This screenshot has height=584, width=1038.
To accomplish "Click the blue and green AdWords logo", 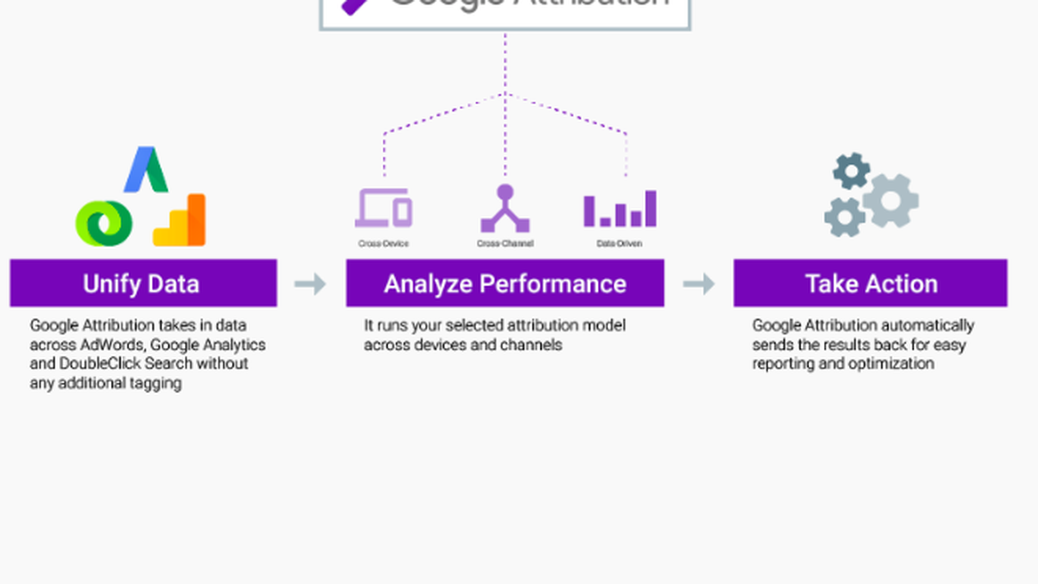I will pos(146,170).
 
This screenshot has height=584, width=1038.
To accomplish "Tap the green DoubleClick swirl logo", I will pos(104,223).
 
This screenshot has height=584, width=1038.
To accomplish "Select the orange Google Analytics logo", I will pos(180,221).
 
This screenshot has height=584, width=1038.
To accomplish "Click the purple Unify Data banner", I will pos(143,283).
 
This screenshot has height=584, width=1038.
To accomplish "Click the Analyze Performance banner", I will pos(505,283).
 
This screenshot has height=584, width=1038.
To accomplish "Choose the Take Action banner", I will pos(870,283).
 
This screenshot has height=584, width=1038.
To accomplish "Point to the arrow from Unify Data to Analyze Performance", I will pos(310,284).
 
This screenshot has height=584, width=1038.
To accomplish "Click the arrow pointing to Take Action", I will pos(699,284).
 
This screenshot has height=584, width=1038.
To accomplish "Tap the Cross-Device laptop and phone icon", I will pos(384,208).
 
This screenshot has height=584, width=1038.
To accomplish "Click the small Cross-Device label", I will pos(383,244).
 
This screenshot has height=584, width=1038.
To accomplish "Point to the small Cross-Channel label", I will pos(505,244).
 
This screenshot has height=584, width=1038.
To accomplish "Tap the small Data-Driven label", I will pos(620,244).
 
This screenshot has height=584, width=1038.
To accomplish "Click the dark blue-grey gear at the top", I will pos(851,171).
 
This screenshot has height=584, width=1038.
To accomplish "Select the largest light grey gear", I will pos(890,201).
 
